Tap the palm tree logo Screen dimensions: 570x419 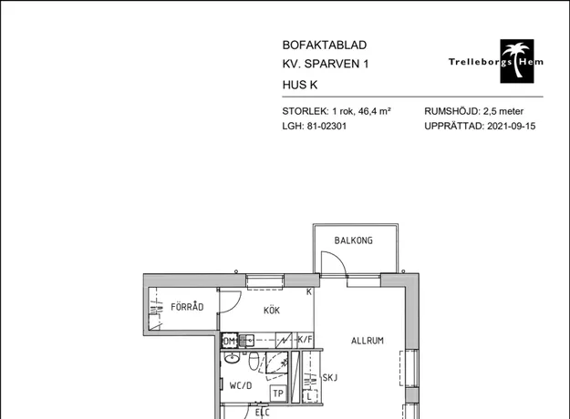click(517, 61)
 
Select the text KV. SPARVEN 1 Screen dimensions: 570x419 click(326, 64)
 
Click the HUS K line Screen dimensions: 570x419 click(300, 85)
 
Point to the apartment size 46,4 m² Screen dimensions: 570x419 click(375, 111)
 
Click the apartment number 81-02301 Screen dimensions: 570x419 click(326, 126)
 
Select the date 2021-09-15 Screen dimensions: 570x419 click(511, 126)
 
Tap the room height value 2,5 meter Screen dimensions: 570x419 click(503, 111)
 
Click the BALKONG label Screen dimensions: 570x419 click(353, 240)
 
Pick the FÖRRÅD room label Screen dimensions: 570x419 click(187, 307)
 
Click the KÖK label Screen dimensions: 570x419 click(272, 311)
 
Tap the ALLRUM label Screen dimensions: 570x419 click(368, 341)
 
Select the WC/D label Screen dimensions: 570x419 click(241, 385)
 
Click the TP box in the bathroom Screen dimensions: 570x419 click(278, 393)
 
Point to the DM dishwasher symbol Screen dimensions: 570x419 click(230, 341)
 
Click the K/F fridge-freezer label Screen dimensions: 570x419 click(305, 340)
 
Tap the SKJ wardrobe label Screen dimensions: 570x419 click(330, 378)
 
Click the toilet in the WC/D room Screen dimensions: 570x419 click(254, 361)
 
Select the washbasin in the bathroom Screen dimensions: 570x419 click(232, 359)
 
